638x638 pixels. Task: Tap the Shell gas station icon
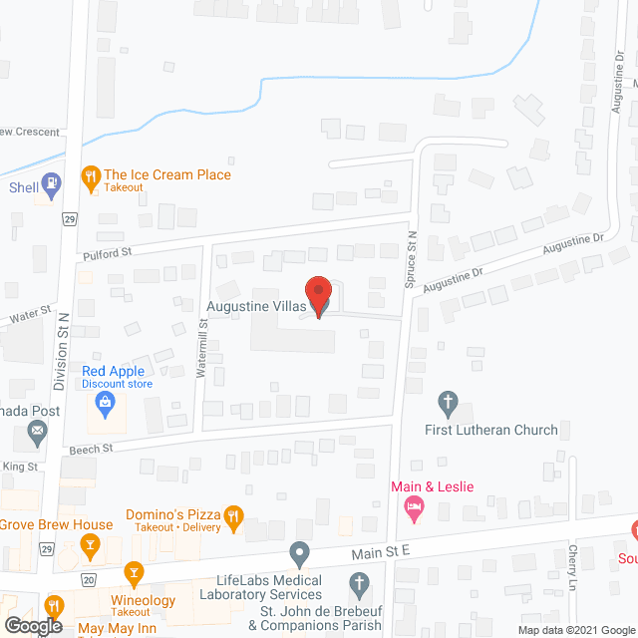[53, 184]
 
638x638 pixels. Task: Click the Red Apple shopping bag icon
[105, 404]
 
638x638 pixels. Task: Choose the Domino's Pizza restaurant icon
[233, 515]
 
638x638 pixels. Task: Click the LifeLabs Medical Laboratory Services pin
[299, 551]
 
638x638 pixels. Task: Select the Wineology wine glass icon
[134, 574]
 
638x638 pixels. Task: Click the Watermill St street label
[202, 337]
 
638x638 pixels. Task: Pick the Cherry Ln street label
[573, 567]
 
